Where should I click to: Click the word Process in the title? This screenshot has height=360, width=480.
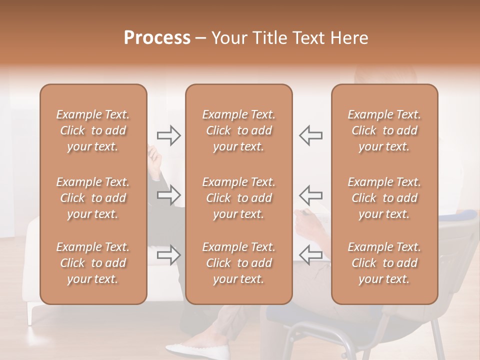[157, 38]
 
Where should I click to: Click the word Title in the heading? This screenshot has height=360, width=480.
[270, 38]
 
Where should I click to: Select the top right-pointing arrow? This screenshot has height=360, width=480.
[169, 135]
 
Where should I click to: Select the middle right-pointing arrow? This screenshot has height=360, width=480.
[169, 195]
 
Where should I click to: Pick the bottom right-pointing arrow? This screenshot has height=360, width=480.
[169, 254]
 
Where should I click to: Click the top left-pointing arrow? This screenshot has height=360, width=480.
[311, 135]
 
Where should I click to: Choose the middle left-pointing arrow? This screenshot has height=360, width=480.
[311, 195]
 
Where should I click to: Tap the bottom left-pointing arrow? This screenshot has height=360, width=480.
[311, 254]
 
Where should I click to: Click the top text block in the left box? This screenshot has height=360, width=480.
[93, 130]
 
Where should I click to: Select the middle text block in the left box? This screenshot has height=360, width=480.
[93, 198]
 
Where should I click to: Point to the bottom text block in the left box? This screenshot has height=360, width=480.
[93, 263]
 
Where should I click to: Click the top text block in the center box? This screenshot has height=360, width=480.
[239, 130]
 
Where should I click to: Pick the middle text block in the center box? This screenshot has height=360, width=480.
[239, 198]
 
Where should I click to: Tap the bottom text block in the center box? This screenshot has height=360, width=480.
[239, 263]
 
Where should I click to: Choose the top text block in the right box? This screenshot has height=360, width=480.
[384, 130]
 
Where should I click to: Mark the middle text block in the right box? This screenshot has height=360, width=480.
[384, 198]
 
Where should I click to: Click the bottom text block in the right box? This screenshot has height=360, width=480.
[384, 263]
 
